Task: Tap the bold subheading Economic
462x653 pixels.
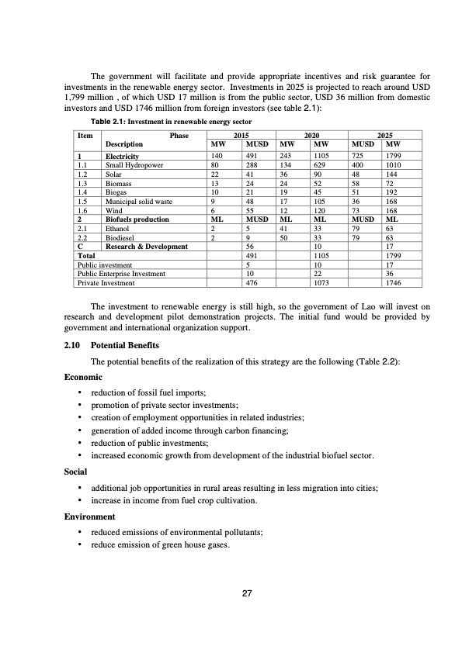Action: pyautogui.click(x=82, y=376)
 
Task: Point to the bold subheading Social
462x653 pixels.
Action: pyautogui.click(x=75, y=471)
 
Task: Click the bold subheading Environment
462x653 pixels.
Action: pyautogui.click(x=89, y=516)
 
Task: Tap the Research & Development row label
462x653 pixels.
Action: pyautogui.click(x=146, y=247)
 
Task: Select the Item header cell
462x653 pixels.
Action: pyautogui.click(x=85, y=134)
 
